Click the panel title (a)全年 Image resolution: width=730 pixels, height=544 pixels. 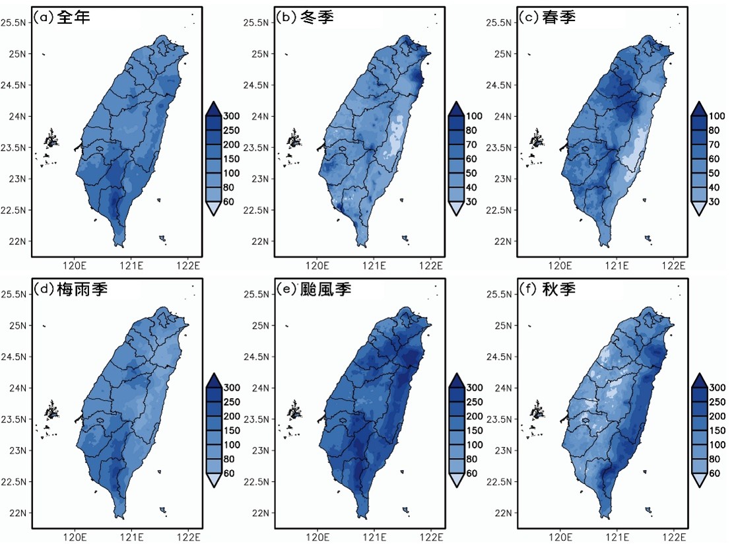[65, 18]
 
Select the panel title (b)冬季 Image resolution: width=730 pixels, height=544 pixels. [308, 18]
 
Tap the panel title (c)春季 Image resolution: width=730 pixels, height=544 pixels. [549, 18]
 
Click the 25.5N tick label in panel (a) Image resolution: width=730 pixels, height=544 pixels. [17, 22]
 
